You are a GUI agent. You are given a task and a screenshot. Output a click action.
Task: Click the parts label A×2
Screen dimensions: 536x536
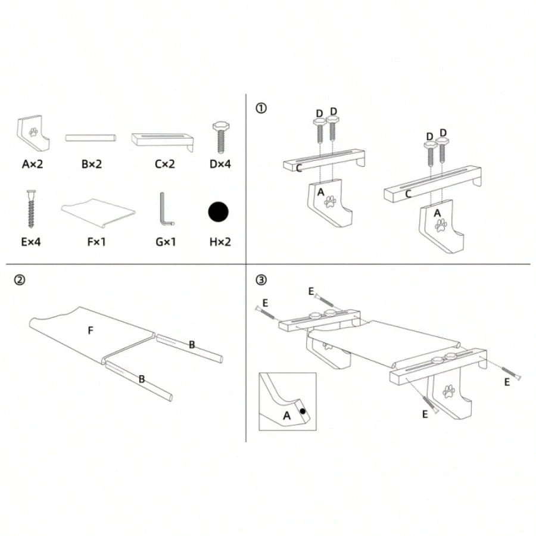(33, 164)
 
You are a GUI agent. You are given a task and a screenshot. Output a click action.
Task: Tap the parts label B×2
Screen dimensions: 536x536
(92, 164)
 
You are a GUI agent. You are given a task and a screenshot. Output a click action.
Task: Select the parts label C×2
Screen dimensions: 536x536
(165, 164)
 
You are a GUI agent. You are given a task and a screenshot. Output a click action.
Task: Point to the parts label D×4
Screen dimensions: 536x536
(220, 164)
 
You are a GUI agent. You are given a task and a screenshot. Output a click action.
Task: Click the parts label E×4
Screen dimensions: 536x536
(31, 242)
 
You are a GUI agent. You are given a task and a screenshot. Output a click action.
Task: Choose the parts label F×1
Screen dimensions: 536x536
(96, 242)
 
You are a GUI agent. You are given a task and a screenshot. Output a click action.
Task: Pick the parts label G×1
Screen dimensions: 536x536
(166, 242)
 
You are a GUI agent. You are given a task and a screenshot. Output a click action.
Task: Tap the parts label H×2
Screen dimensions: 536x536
(220, 242)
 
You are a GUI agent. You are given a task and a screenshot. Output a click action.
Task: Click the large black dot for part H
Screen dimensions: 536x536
(218, 212)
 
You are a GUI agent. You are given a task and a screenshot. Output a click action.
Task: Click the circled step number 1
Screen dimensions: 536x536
(261, 108)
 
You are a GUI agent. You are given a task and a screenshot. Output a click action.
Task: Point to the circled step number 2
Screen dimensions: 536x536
(20, 280)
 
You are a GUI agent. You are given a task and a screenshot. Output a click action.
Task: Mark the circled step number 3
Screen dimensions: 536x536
(261, 280)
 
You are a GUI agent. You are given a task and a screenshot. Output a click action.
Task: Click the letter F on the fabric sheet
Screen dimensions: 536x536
(91, 330)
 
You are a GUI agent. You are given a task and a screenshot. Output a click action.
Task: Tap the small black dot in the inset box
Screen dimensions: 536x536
(303, 411)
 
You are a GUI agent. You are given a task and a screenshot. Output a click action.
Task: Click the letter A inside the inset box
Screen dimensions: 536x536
(287, 416)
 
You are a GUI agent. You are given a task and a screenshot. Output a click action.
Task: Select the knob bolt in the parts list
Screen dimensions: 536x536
(221, 138)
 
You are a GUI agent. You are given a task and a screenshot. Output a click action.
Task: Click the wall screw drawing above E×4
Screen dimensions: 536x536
(31, 209)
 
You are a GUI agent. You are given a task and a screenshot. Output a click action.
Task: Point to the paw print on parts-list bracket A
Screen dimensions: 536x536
(33, 132)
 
